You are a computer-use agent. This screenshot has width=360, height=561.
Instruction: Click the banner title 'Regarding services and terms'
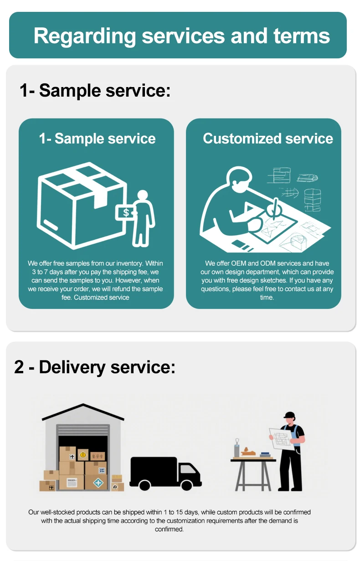click(x=181, y=36)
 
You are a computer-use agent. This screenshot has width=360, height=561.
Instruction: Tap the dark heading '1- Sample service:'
click(x=95, y=90)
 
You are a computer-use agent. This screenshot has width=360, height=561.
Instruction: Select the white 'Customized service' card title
click(x=268, y=139)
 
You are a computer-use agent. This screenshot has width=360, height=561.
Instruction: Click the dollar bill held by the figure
click(x=126, y=212)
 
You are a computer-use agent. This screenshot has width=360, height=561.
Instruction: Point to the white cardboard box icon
click(x=80, y=205)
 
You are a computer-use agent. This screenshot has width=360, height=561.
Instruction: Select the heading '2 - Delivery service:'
click(x=95, y=367)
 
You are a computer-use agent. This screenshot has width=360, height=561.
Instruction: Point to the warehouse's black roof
click(x=83, y=412)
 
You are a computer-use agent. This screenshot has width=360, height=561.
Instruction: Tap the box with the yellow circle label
click(x=83, y=454)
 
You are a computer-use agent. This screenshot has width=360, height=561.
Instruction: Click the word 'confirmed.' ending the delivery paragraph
click(x=169, y=529)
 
